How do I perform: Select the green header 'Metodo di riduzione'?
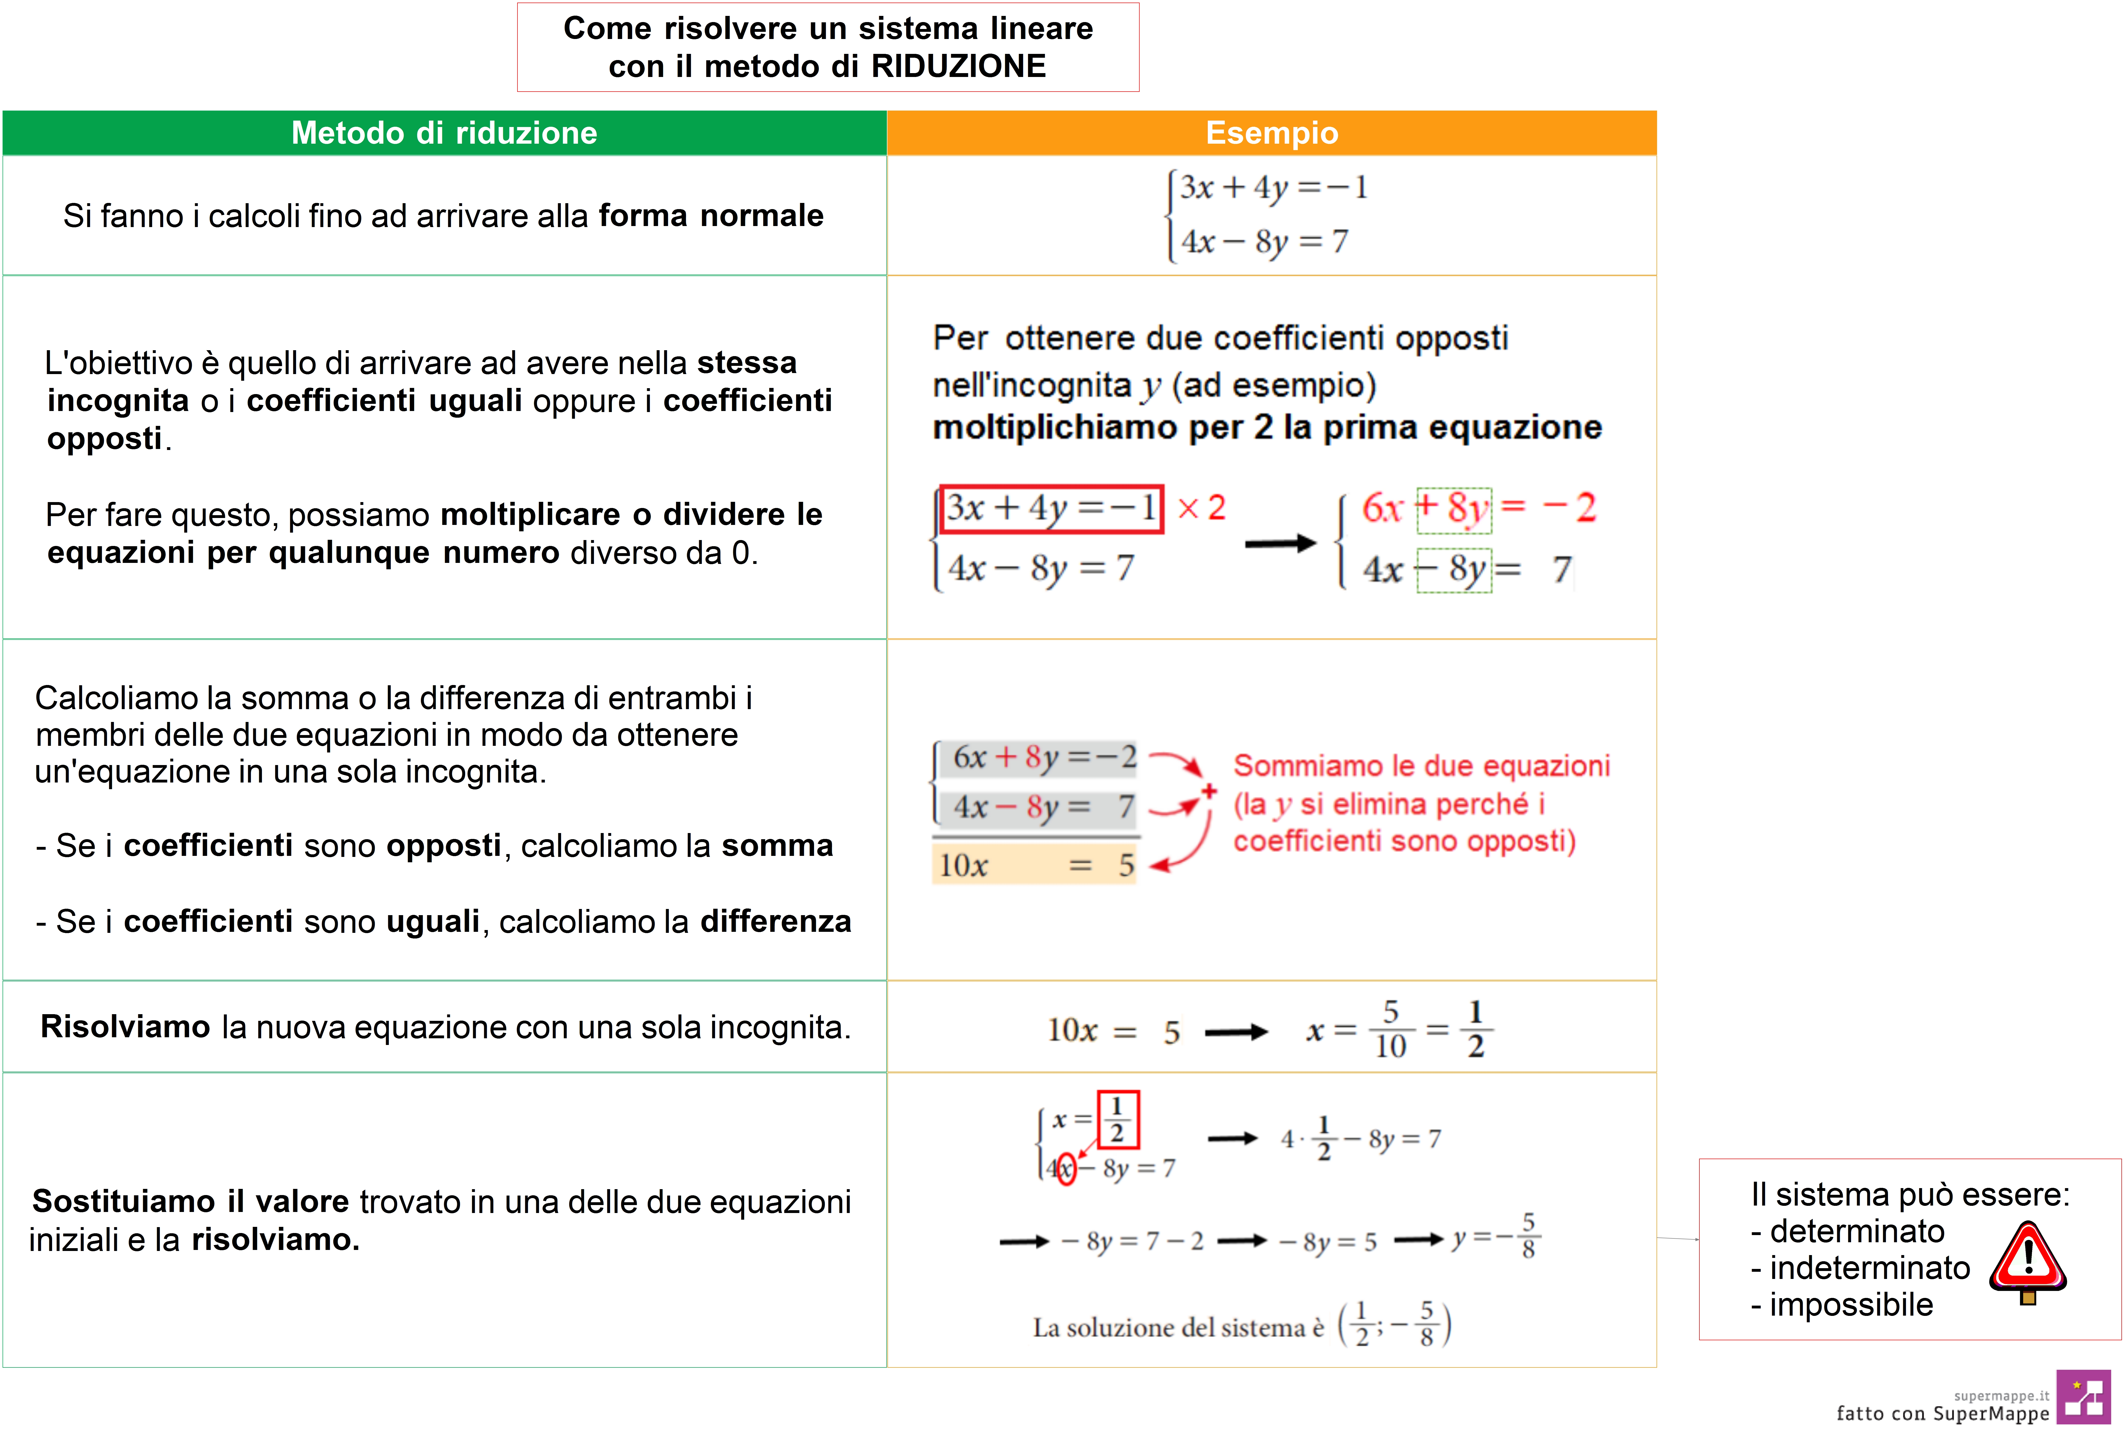(x=444, y=133)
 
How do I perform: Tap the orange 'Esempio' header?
(x=1271, y=133)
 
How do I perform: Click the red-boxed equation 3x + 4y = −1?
(x=1051, y=508)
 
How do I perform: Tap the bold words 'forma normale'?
(x=711, y=216)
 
